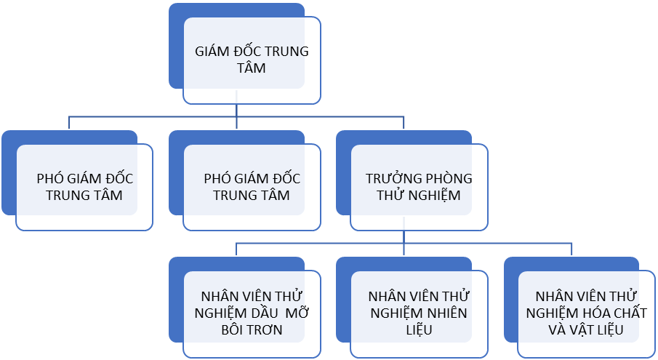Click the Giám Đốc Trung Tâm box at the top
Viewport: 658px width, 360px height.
pyautogui.click(x=252, y=60)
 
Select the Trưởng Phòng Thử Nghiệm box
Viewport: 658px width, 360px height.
pyautogui.click(x=419, y=187)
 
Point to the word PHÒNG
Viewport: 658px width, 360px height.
pyautogui.click(x=445, y=178)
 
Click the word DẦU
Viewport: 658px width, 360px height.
pyautogui.click(x=262, y=313)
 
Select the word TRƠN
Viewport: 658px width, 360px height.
pyautogui.click(x=264, y=330)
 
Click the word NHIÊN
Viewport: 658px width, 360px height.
pyautogui.click(x=446, y=313)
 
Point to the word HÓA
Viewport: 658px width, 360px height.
pyautogui.click(x=595, y=313)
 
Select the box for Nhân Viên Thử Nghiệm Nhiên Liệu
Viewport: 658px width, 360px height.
pyautogui.click(x=419, y=313)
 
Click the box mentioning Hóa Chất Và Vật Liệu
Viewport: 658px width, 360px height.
pyautogui.click(x=586, y=313)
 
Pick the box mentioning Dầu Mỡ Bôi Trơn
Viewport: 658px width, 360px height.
pyautogui.click(x=252, y=313)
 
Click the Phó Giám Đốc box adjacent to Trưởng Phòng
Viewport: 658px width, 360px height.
pyautogui.click(x=252, y=187)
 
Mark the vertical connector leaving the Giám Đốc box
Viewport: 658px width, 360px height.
pyautogui.click(x=237, y=109)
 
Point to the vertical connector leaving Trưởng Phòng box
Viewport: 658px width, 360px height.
pyautogui.click(x=404, y=236)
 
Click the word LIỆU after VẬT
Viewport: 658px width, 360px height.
pyautogui.click(x=614, y=330)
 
